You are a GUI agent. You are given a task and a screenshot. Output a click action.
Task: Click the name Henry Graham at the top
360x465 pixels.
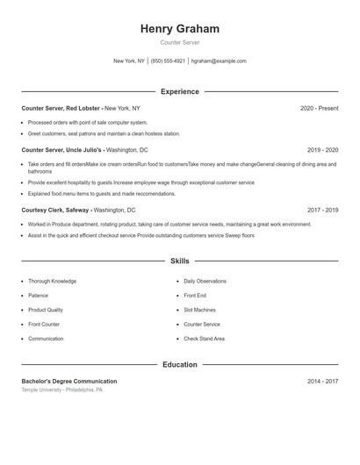179,29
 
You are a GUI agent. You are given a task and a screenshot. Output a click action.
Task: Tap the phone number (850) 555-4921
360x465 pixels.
168,61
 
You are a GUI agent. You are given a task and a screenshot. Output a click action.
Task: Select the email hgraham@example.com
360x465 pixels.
219,61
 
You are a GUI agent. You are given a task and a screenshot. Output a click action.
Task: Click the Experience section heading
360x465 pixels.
179,91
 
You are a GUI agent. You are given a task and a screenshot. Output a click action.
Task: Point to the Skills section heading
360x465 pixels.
179,261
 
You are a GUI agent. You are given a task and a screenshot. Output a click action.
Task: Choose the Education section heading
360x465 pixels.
179,364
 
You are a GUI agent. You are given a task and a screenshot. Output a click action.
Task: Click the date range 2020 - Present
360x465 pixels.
319,108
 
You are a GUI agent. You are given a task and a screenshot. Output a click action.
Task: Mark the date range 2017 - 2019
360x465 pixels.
322,211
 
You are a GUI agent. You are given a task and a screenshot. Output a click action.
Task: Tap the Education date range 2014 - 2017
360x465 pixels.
322,382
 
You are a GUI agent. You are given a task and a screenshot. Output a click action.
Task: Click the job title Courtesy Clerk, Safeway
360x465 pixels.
55,211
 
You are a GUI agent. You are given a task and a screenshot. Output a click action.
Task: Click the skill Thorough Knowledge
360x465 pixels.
52,281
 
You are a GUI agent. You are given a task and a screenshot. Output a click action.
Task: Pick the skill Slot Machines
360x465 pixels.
199,310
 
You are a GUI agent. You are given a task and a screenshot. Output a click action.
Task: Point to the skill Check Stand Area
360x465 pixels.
204,339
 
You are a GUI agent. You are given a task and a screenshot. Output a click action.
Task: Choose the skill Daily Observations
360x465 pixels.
205,281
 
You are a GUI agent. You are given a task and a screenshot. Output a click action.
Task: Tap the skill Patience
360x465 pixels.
40,296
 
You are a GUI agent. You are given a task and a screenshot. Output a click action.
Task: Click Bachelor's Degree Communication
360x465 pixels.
69,382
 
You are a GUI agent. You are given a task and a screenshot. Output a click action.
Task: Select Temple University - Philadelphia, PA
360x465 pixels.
62,390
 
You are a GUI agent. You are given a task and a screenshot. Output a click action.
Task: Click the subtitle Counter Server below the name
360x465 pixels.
179,43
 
